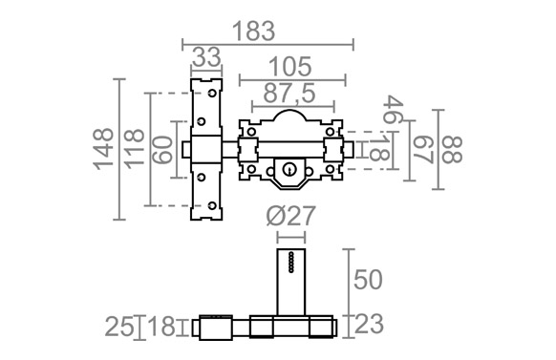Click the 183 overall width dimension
[x=253, y=32]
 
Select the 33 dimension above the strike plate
[x=206, y=56]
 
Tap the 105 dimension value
[x=290, y=66]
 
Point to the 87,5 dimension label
[x=289, y=94]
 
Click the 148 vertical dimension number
[x=103, y=149]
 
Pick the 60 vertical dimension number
[x=163, y=150]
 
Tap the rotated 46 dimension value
[x=394, y=109]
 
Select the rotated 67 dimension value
[x=424, y=150]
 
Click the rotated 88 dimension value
[x=453, y=150]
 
